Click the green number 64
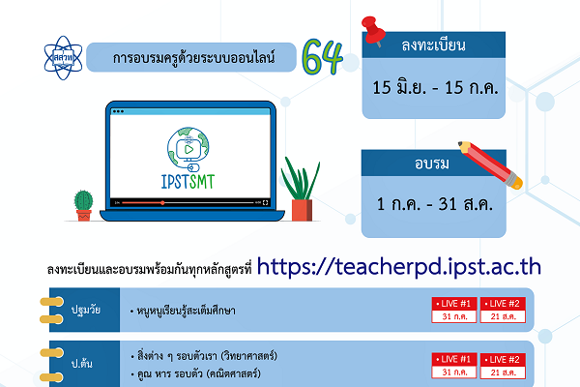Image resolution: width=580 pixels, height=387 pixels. coord(322,59)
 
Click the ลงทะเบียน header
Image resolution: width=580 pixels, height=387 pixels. coord(433,45)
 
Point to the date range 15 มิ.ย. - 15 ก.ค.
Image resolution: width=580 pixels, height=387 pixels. coord(433,87)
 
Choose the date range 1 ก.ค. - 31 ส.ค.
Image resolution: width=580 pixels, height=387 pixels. coord(433,205)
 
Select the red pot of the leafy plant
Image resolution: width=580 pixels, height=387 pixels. coord(302,209)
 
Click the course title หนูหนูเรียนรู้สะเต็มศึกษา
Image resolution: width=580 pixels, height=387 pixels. coord(189,312)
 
